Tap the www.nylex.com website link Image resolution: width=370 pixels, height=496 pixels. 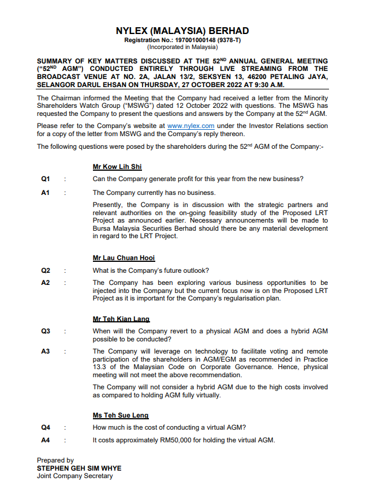tap(190, 126)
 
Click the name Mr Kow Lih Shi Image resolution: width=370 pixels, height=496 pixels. tap(117, 167)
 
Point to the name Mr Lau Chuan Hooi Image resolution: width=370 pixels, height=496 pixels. tap(124, 258)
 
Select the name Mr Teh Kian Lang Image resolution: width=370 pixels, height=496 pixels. tap(121, 319)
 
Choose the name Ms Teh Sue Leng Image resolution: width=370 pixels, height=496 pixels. tap(121, 415)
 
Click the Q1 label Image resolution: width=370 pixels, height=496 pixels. tap(46, 179)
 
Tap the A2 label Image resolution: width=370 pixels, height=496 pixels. tap(46, 283)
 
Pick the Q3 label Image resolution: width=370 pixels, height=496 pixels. tap(46, 332)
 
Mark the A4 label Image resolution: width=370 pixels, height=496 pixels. tap(46, 441)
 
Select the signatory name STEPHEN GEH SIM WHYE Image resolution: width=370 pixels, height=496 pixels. tap(79, 468)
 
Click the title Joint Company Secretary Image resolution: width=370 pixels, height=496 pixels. tap(75, 476)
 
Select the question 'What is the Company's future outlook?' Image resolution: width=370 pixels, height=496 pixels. tap(151, 270)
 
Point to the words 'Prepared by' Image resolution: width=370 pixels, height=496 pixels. tap(55, 460)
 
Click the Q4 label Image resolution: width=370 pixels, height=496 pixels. tap(46, 427)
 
